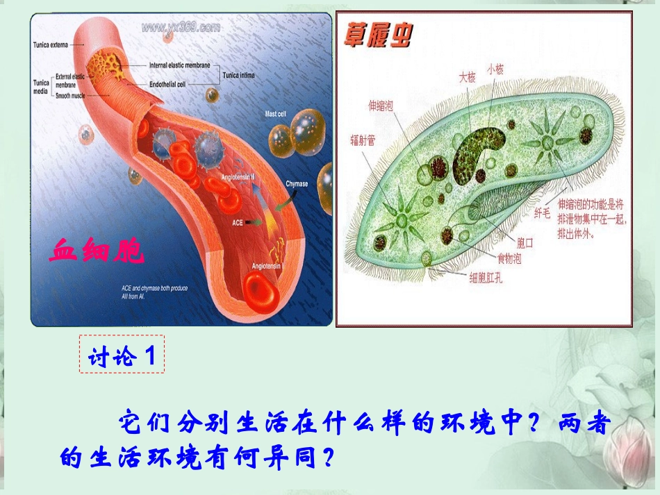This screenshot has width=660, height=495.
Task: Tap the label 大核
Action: pyautogui.click(x=467, y=78)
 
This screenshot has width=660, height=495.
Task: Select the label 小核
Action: pyautogui.click(x=495, y=69)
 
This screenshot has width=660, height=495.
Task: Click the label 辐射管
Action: pyautogui.click(x=362, y=140)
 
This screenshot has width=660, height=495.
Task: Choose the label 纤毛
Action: pyautogui.click(x=542, y=212)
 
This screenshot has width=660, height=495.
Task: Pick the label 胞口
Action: pyautogui.click(x=525, y=242)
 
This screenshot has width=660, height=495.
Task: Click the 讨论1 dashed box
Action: pyautogui.click(x=122, y=355)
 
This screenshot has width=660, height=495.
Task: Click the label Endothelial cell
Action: pyautogui.click(x=167, y=84)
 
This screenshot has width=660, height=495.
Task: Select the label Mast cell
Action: pyautogui.click(x=275, y=113)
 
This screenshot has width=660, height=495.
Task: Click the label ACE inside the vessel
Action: pyautogui.click(x=238, y=223)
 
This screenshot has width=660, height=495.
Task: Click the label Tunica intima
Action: pyautogui.click(x=238, y=75)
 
